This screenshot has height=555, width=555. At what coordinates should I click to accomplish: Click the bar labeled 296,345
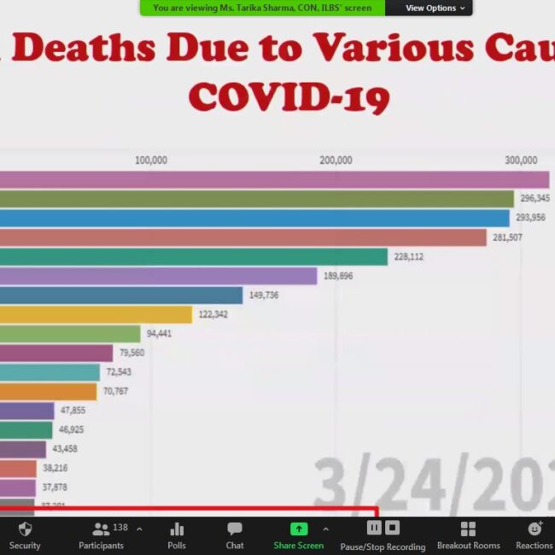pos(256,199)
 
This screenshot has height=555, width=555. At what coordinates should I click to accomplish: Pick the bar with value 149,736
pos(120,295)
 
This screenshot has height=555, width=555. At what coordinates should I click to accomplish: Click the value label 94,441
pos(159,334)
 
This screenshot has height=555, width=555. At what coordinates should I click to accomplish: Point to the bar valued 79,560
pos(56,353)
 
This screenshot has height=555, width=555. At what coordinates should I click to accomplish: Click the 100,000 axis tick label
pos(151,161)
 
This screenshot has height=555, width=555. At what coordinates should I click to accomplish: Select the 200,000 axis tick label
pos(336,161)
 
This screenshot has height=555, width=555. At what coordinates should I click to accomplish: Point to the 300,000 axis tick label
pos(521,161)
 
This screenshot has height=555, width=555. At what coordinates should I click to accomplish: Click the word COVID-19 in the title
pos(289,96)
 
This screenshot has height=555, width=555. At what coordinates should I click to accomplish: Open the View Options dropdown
pos(435,8)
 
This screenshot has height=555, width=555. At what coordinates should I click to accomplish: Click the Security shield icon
pos(25,529)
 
